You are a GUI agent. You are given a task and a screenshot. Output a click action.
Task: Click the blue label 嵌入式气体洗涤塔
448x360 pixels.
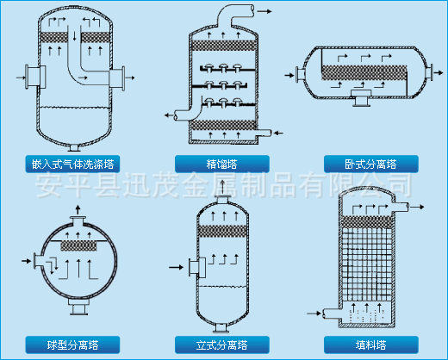76,163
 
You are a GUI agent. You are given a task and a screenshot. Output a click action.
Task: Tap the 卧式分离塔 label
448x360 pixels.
370,163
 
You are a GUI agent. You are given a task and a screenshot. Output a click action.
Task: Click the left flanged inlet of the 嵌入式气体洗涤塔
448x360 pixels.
33,78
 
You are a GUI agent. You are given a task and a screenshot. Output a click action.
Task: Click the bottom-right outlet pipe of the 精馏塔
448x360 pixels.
264,133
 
